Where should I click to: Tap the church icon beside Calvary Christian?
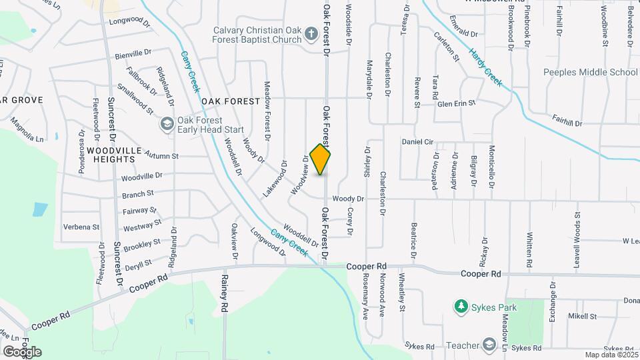click(311, 33)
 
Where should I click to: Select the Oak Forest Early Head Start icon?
click(166, 124)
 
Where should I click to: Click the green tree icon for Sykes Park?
click(460, 306)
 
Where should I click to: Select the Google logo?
click(22, 351)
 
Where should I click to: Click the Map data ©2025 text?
click(611, 355)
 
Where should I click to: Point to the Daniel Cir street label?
click(417, 142)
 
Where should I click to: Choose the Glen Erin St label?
click(456, 103)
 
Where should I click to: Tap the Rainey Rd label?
click(225, 293)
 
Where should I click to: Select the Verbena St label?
click(81, 227)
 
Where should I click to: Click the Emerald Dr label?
click(465, 33)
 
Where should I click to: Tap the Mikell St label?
click(582, 315)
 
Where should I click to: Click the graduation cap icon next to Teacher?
click(490, 345)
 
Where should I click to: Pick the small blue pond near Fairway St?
click(40, 209)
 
